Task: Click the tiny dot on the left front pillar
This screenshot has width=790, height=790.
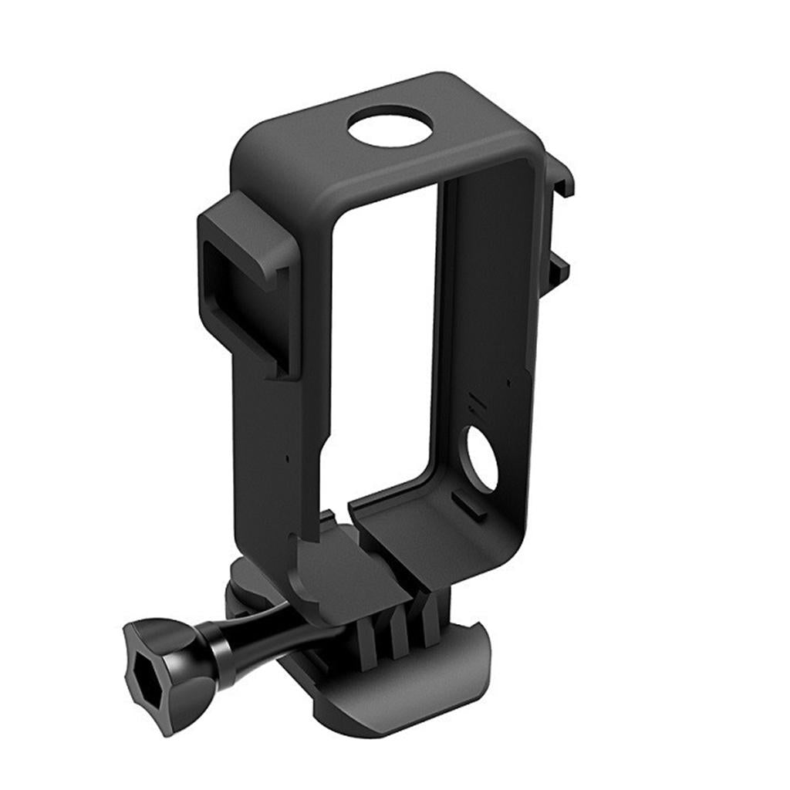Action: tap(288, 457)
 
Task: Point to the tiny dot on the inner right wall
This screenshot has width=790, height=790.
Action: tap(508, 382)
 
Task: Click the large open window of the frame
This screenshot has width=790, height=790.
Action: tap(386, 332)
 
